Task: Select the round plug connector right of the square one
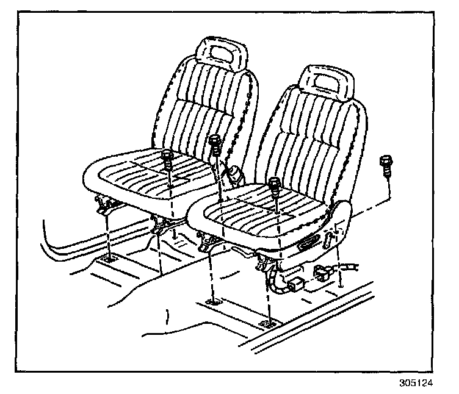322,274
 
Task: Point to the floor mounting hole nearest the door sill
266,323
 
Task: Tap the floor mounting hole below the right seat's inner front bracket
213,302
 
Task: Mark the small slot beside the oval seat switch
334,235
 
